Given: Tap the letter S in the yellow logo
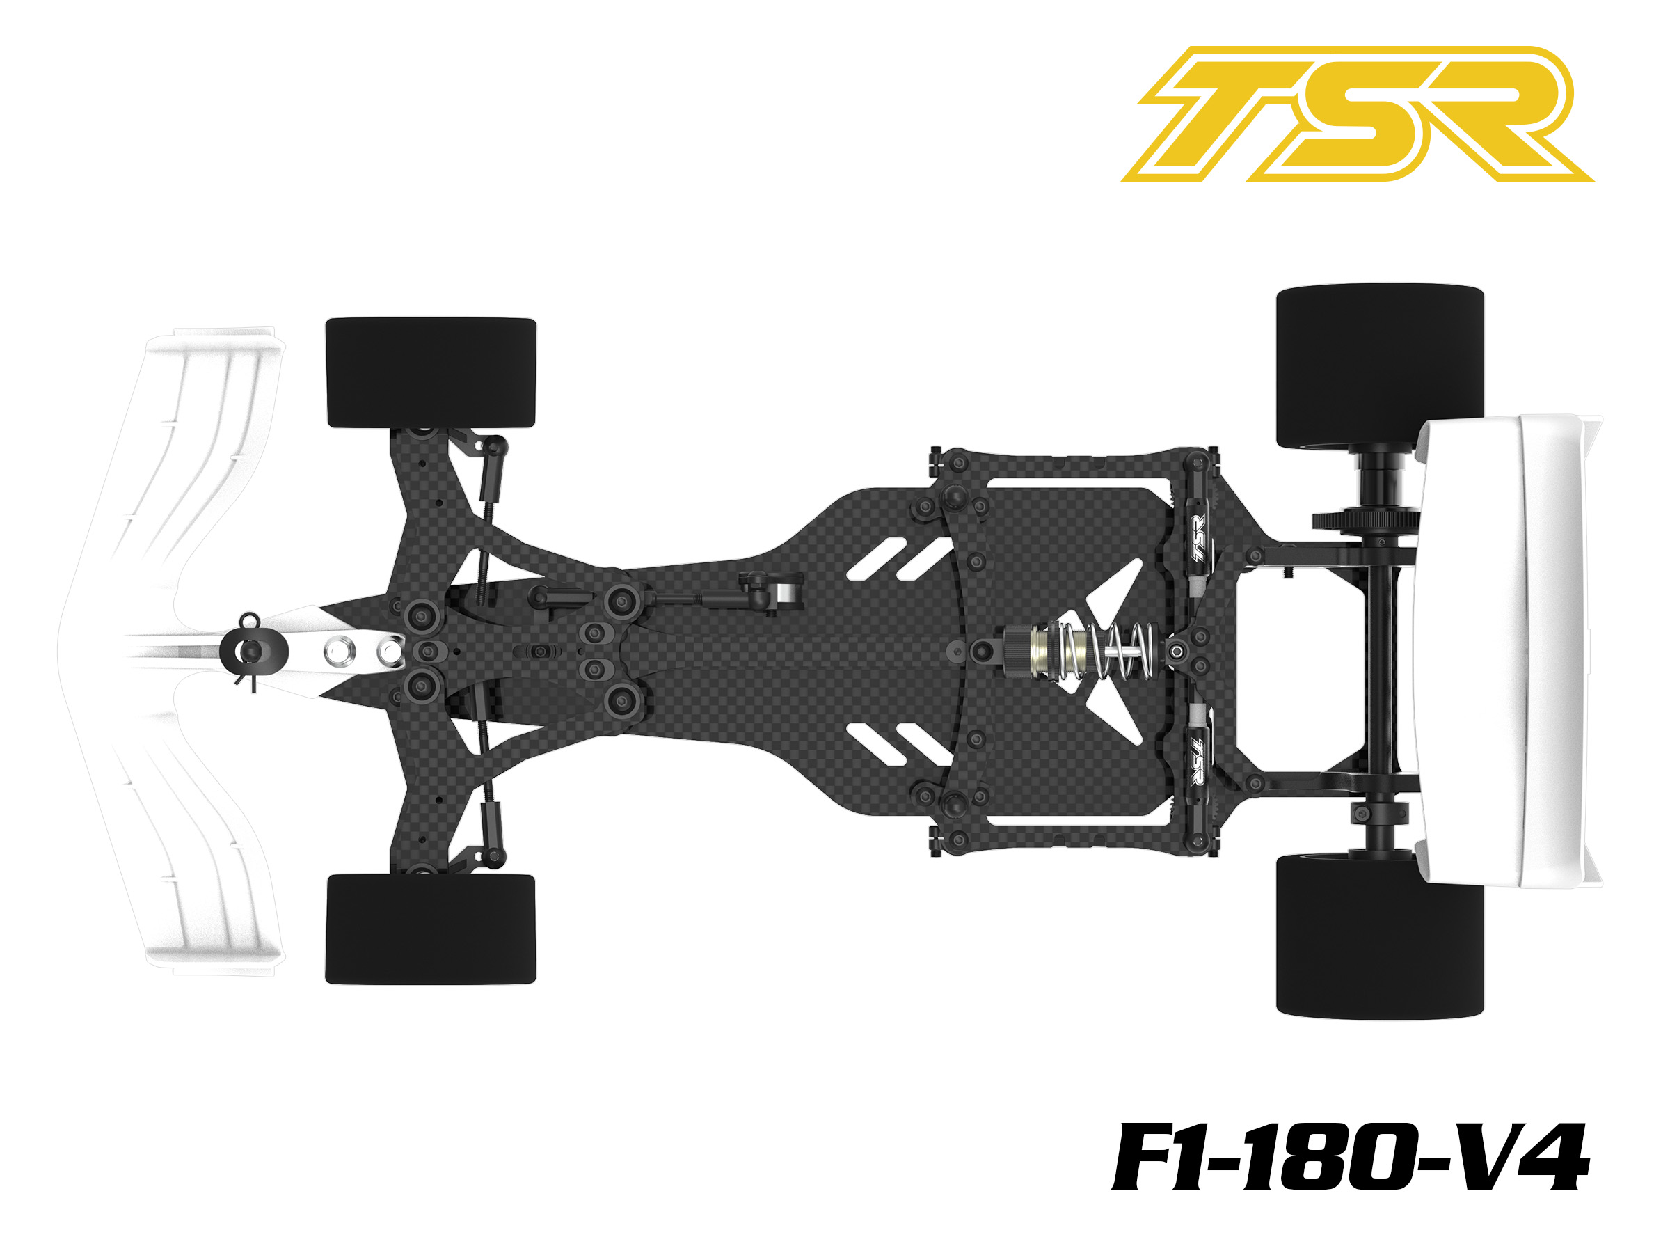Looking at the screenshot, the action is click(1367, 113).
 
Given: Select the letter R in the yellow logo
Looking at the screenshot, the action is click(1502, 113).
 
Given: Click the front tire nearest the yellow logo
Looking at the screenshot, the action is click(430, 373).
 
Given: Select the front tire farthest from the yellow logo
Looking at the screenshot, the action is click(430, 929).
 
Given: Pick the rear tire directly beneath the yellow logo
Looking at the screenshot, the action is click(1379, 367).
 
